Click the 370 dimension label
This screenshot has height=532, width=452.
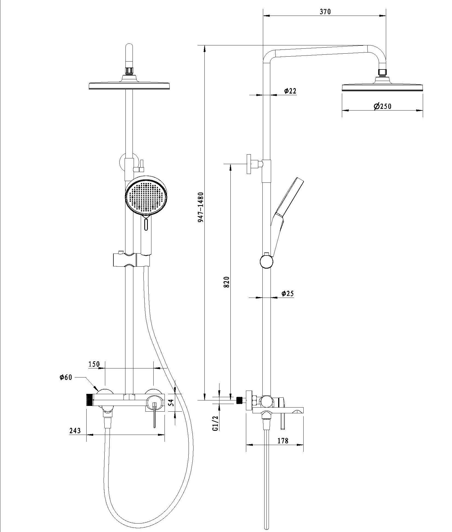tap(325, 11)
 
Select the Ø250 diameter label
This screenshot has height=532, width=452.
tap(382, 106)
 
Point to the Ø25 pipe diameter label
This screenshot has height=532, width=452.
tap(287, 293)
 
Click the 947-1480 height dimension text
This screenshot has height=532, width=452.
tap(201, 207)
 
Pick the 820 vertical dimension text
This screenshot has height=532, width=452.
tap(227, 282)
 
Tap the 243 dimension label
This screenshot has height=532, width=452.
tap(75, 431)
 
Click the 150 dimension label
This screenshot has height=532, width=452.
tap(94, 364)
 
